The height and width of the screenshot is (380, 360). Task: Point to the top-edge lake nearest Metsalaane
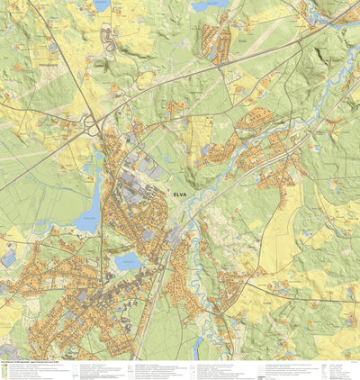(x=102, y=5)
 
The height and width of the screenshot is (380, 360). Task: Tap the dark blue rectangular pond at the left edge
(x=7, y=258)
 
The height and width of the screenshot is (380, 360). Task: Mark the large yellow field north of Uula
(x=283, y=225)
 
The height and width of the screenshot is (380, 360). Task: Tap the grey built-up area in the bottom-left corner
(x=9, y=349)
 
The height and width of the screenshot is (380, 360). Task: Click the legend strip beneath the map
(x=180, y=370)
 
